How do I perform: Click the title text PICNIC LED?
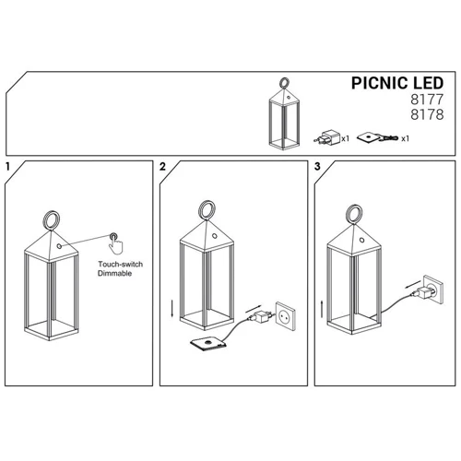pyautogui.click(x=397, y=83)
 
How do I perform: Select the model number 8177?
pyautogui.click(x=427, y=100)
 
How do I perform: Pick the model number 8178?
pyautogui.click(x=427, y=114)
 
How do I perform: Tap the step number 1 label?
pyautogui.click(x=7, y=167)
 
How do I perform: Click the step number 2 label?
pyautogui.click(x=162, y=167)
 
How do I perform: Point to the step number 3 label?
pyautogui.click(x=317, y=167)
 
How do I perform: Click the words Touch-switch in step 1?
pyautogui.click(x=121, y=264)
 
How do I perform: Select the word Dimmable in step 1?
pyautogui.click(x=114, y=273)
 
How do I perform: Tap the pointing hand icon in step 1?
pyautogui.click(x=115, y=243)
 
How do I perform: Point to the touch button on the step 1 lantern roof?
pyautogui.click(x=59, y=246)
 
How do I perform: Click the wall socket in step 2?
pyautogui.click(x=286, y=315)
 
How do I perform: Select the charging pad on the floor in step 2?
pyautogui.click(x=208, y=344)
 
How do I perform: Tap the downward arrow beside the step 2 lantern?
pyautogui.click(x=172, y=310)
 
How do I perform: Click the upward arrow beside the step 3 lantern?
pyautogui.click(x=322, y=309)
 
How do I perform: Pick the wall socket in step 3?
pyautogui.click(x=433, y=289)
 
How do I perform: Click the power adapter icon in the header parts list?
pyautogui.click(x=327, y=137)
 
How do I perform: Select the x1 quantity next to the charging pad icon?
pyautogui.click(x=405, y=139)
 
